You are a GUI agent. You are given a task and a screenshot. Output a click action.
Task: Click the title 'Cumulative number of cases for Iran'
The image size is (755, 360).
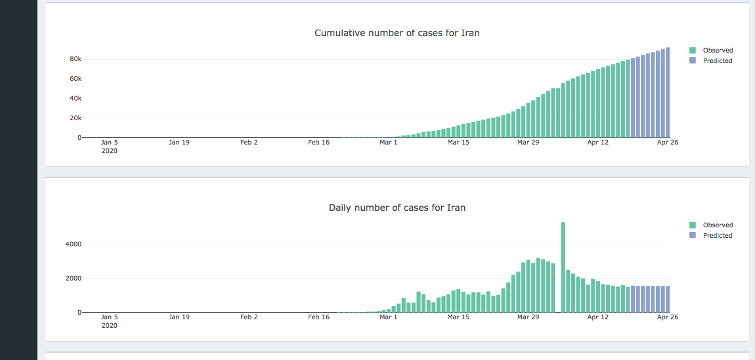(x=397, y=33)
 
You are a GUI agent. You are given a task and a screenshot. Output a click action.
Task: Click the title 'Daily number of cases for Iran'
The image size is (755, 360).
(x=397, y=208)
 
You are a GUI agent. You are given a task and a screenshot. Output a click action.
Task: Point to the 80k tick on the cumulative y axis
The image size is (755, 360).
(x=75, y=59)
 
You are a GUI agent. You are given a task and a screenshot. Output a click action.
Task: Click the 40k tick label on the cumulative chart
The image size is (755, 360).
(x=75, y=99)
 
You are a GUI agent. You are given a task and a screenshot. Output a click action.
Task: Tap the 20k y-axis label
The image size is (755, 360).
(x=75, y=118)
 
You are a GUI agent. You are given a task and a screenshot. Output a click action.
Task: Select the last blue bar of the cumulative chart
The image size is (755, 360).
(x=668, y=92)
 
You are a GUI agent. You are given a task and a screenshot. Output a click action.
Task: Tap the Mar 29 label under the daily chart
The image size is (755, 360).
(x=528, y=317)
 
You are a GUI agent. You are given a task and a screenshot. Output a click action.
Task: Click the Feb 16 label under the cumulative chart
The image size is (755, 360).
(x=318, y=142)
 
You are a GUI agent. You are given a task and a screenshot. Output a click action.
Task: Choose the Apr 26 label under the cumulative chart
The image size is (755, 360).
(x=668, y=142)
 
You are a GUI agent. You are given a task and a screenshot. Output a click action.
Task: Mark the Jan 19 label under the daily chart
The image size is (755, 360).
(x=179, y=317)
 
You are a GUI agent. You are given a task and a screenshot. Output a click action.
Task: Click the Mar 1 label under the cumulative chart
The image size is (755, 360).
(x=389, y=142)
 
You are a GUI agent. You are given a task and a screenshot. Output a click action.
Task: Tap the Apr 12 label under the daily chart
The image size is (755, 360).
(x=598, y=317)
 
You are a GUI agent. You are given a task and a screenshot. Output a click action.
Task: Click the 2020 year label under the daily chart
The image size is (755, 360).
(x=110, y=325)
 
